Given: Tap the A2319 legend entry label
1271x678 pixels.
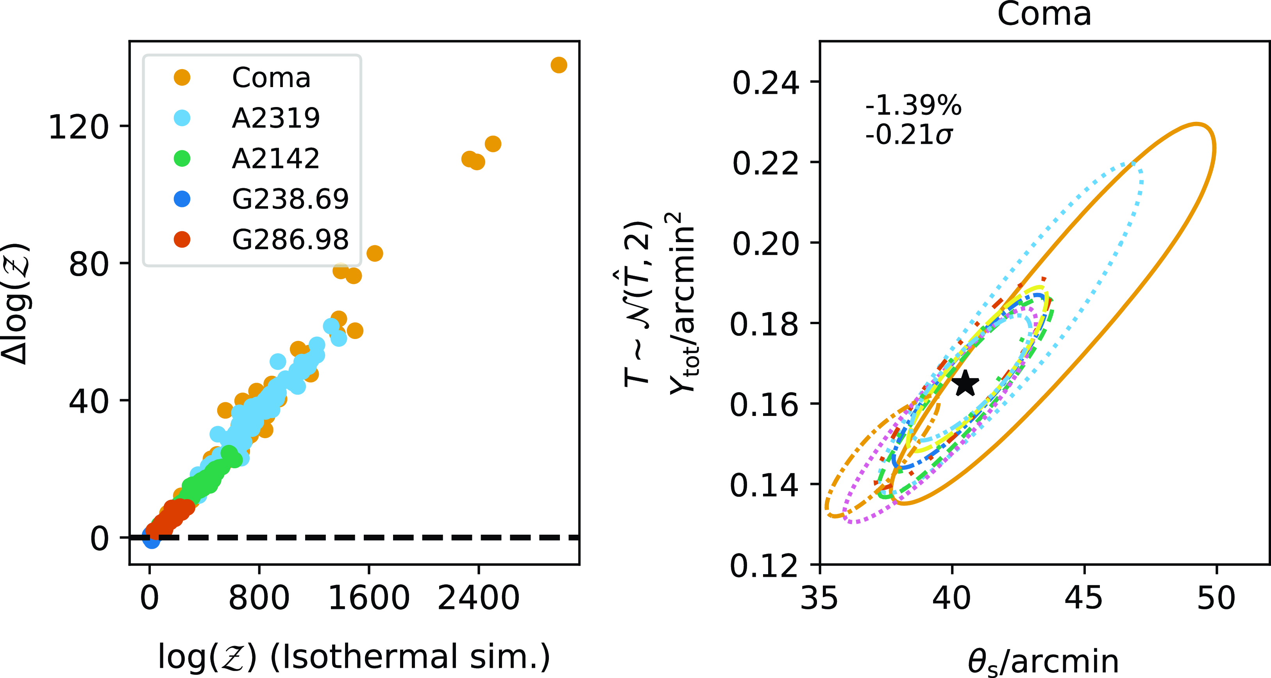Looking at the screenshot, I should pos(276,118).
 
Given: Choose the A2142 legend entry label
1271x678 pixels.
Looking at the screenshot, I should pos(275,159).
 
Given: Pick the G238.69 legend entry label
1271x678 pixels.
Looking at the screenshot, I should pos(290,199).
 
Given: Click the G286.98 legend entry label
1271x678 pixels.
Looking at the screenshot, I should pos(290,240).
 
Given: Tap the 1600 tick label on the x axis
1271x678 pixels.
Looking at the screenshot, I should pos(368,598).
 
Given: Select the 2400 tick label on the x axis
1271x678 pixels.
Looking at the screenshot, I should pos(478,598).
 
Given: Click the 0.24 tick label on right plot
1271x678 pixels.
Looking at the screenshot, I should pos(765,83).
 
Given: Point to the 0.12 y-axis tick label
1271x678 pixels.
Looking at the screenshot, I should pos(764,566).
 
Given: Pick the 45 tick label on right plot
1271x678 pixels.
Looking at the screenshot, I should pos(1083,598).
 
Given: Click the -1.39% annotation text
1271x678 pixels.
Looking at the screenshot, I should pos(913,105).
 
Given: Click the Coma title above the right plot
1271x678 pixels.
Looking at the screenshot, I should pos(1044,14).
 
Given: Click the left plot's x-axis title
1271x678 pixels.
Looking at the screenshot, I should pos(354,657).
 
